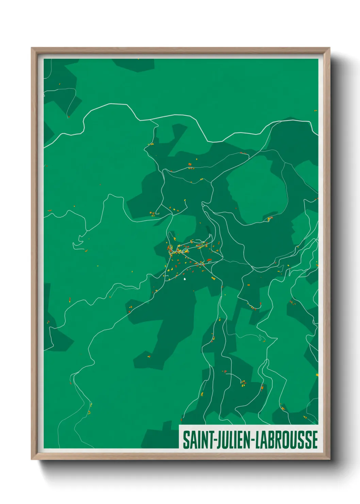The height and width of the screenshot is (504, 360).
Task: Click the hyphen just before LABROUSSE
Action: point(252,440)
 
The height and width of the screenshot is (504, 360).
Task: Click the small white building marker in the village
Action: point(185,279)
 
